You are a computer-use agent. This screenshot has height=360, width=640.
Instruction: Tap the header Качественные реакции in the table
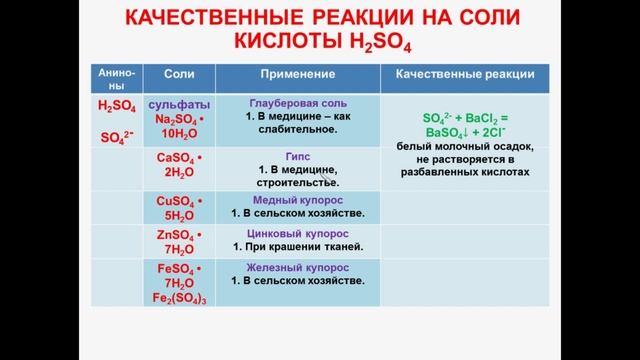(x=465, y=75)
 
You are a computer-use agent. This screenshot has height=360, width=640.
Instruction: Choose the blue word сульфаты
(x=179, y=104)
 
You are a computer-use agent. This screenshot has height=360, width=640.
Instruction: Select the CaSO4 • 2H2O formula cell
(x=180, y=165)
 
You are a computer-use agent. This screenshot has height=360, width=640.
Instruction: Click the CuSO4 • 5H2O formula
(x=180, y=207)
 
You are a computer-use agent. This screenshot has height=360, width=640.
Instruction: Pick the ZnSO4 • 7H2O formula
(x=180, y=242)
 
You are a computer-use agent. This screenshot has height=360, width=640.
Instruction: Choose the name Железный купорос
(x=298, y=268)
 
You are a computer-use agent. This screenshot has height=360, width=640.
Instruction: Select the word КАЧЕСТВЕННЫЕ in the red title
(x=217, y=21)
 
